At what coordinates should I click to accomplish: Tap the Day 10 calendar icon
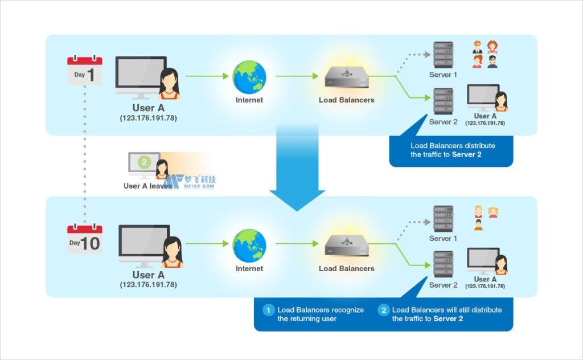pos(84,239)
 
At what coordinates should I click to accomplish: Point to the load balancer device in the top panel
pos(346,76)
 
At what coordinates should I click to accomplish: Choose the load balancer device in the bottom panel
pos(346,245)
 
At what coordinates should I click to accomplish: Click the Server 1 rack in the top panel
pos(443,55)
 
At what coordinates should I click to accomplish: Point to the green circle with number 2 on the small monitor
pos(145,162)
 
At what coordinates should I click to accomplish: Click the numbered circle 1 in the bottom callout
pos(268,310)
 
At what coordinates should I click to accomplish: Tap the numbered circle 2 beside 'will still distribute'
pos(384,310)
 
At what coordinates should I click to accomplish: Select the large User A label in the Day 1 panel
pos(148,108)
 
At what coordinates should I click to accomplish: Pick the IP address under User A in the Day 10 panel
pos(148,284)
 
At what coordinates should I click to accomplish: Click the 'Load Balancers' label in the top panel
pos(346,100)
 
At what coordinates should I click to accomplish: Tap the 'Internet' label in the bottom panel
pos(249,268)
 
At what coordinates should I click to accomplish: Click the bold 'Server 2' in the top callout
pos(467,154)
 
